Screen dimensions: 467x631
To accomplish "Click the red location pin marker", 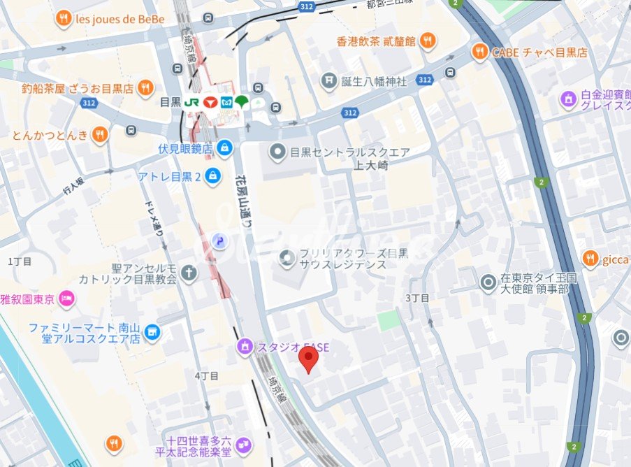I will coord(308,359).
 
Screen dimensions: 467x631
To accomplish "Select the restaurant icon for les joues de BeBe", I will coord(64,19).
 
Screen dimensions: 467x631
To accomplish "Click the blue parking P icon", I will coord(219,241).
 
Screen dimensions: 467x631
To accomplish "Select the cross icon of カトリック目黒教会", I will coord(188,273).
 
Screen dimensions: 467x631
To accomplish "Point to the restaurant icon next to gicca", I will coord(590,259).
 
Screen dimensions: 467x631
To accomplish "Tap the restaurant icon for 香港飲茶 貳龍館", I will coord(428,41).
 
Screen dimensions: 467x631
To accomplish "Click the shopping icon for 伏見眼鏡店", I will coord(224,148).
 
